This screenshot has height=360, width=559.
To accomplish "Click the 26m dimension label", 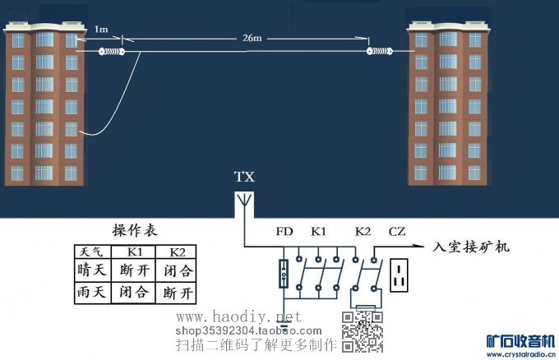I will pos(252,38).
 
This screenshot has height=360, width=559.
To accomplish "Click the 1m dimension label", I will pos(101,30).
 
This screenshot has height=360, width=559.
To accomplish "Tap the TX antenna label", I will pos(244,177).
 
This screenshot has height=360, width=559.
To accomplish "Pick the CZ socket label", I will pos(396,233).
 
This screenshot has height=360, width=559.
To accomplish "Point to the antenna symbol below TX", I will pos(244,201).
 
